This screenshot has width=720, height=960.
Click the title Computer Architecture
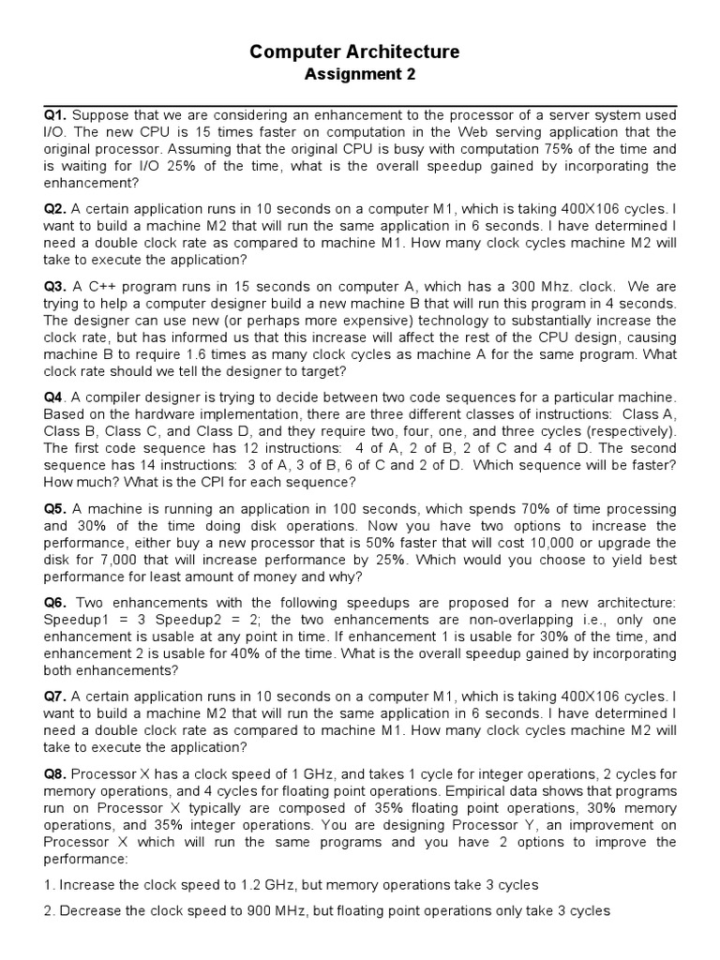pyautogui.click(x=354, y=52)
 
